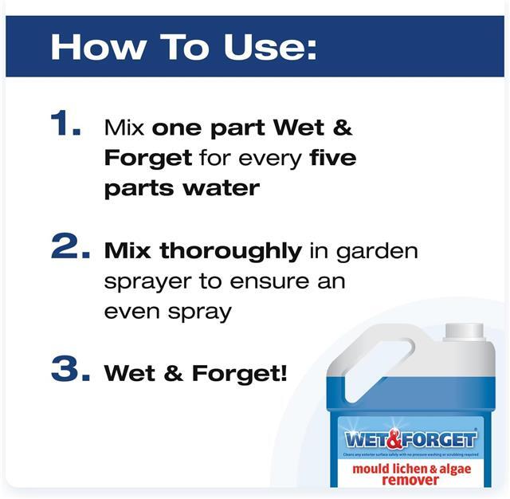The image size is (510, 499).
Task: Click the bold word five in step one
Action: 332,157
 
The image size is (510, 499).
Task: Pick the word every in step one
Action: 269,158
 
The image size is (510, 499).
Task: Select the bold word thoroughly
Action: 231,251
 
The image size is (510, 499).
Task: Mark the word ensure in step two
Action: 294,281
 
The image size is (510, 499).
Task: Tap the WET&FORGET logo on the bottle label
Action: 410,438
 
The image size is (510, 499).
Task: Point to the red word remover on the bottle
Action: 410,480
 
